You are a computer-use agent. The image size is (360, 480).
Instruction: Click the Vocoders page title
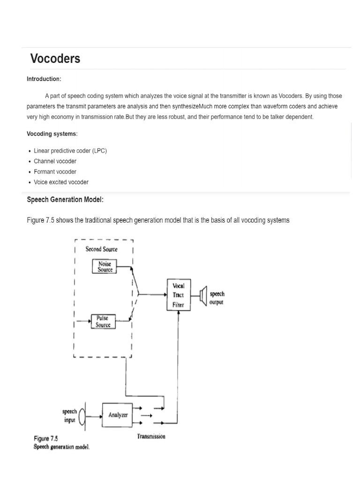(55, 59)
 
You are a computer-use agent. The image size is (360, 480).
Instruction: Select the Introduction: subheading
(44, 79)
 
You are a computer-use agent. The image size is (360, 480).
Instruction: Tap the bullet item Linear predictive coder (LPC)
(70, 151)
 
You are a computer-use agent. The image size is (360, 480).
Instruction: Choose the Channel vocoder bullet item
(55, 161)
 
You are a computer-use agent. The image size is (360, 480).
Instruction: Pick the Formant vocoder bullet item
(55, 172)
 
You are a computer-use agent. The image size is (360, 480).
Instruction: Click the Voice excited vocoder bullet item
(61, 182)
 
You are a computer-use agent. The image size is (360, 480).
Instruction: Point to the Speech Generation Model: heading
(65, 200)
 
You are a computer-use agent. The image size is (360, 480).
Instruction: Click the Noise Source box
(105, 266)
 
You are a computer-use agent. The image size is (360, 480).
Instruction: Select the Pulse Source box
(103, 321)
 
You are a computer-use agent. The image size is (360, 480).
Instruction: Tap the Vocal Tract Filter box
(178, 295)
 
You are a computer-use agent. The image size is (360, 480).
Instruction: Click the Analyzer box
(118, 415)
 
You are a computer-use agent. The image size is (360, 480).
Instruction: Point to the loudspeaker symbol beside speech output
(203, 296)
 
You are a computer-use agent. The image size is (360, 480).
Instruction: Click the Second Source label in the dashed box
(101, 249)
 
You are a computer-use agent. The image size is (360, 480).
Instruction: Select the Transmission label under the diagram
(151, 436)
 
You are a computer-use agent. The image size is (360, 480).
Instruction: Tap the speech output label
(217, 298)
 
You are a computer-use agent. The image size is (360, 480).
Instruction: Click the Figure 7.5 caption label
(45, 439)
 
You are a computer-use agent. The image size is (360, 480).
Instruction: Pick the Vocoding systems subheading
(52, 134)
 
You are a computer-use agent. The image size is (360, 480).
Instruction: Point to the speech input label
(69, 415)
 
